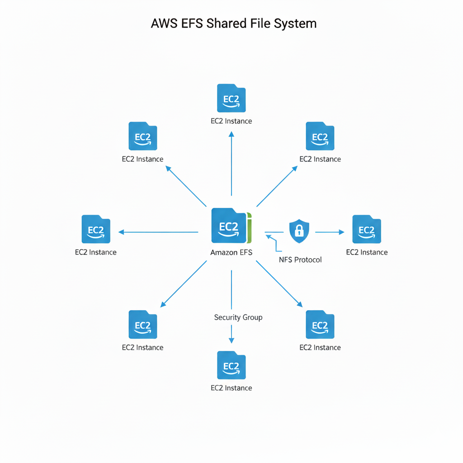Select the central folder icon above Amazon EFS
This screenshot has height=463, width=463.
[229, 226]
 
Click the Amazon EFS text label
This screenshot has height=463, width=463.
[231, 252]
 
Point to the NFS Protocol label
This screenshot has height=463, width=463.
[301, 260]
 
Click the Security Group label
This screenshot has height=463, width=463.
[238, 317]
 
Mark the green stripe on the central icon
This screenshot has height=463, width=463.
[249, 226]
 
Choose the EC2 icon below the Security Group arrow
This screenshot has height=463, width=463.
[231, 365]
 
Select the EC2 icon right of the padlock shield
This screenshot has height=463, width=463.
[367, 229]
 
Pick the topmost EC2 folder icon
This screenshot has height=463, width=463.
[231, 98]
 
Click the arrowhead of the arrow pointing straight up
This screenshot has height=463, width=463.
[231, 134]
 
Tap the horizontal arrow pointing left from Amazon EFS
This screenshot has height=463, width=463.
[158, 232]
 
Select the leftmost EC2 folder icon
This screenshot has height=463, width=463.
[96, 229]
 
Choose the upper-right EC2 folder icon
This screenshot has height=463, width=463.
[320, 136]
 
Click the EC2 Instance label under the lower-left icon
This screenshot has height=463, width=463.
[142, 347]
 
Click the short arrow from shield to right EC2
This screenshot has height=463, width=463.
[330, 232]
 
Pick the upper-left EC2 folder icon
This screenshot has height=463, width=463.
[143, 136]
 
